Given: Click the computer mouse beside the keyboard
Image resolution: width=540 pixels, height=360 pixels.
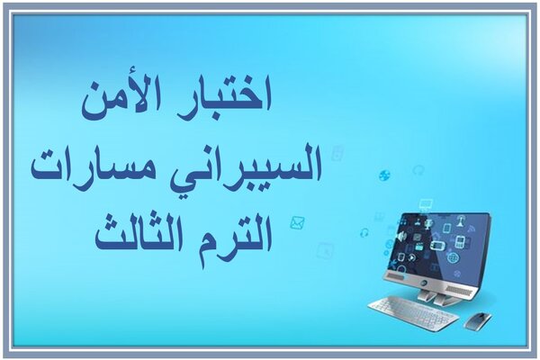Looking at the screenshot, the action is point(478,320).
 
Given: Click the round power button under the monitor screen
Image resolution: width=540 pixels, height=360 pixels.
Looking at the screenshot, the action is point(423,282).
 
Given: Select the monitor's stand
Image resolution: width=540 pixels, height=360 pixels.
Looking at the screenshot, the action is point(434,297).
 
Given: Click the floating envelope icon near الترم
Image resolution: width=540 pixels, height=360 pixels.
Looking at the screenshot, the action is point(297,223).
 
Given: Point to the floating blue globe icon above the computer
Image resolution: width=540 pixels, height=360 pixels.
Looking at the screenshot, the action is point(384,175).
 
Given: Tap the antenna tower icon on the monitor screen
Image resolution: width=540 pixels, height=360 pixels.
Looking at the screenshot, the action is point(461,220).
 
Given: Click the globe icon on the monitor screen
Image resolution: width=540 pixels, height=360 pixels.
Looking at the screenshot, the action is point(453,257).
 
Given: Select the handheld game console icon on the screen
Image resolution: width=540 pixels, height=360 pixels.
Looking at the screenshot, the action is point(437,246).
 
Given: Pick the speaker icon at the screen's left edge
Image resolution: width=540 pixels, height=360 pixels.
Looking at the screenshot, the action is point(401,237).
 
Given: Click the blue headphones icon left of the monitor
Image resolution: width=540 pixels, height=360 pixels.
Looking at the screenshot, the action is point(364,233).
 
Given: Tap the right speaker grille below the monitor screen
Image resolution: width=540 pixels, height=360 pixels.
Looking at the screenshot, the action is point(460,290).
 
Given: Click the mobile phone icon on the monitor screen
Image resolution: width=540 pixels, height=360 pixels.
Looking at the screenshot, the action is point(459,241).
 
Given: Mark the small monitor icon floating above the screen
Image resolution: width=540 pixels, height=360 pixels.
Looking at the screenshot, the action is point(426,204).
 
